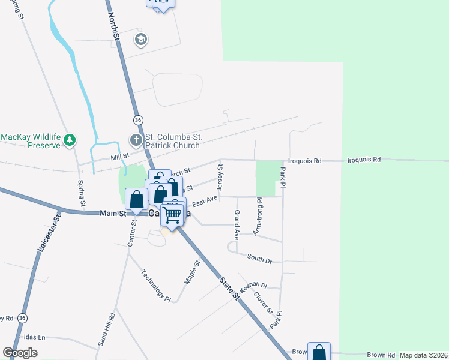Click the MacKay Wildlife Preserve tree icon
[70, 140]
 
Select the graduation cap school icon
[141, 40]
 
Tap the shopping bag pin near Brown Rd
[319, 353]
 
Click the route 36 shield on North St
[139, 120]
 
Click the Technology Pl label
[156, 286]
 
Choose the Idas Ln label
[34, 337]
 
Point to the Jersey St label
[220, 179]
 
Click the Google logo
[20, 353]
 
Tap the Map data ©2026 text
[424, 355]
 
